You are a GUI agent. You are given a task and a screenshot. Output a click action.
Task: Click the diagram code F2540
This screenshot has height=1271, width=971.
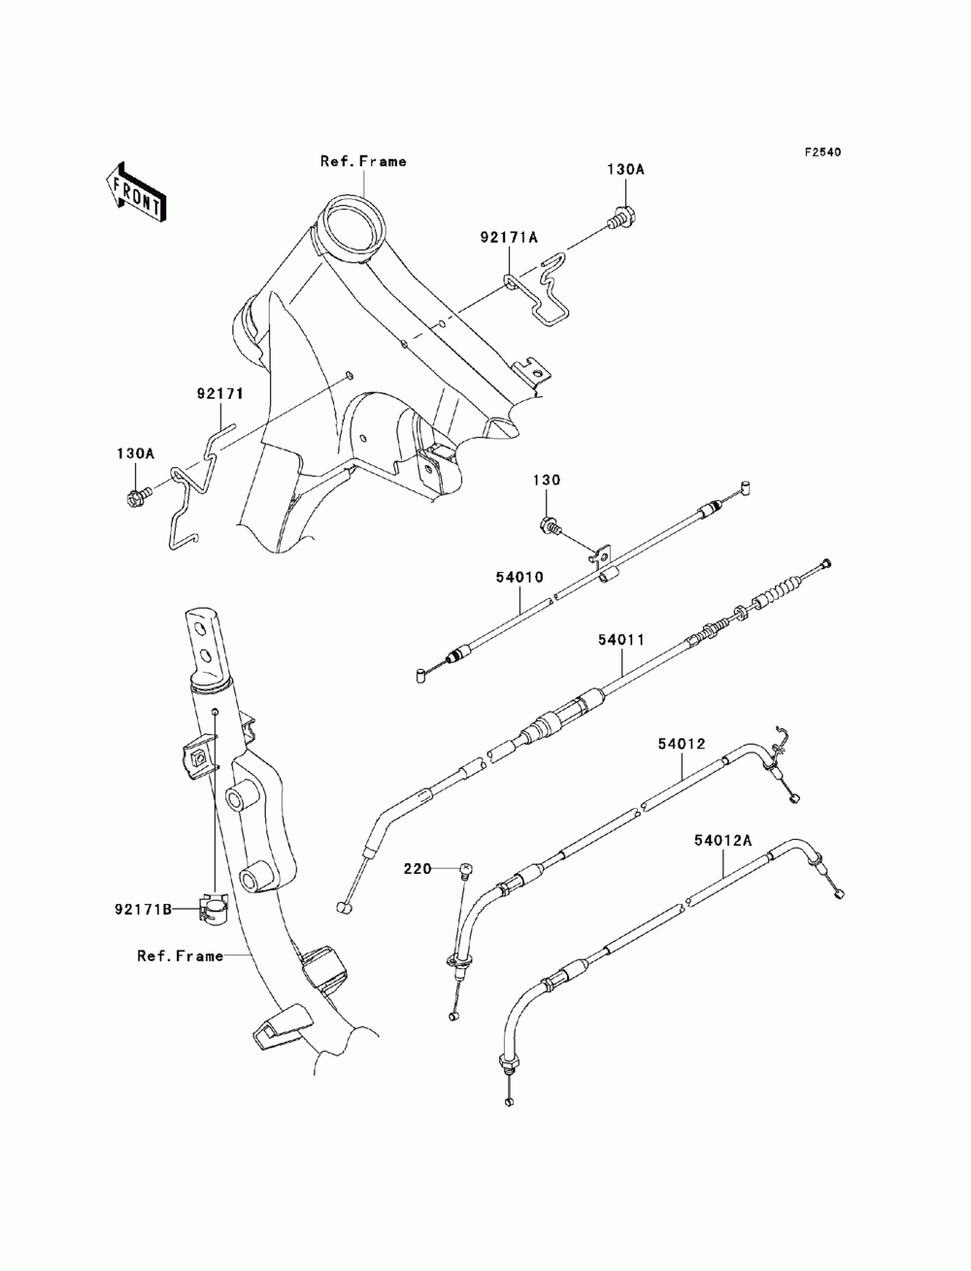pyautogui.click(x=822, y=152)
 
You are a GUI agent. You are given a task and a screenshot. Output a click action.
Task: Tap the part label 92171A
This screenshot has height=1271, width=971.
pyautogui.click(x=509, y=237)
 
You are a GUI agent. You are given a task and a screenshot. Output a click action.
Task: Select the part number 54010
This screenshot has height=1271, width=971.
pyautogui.click(x=519, y=577)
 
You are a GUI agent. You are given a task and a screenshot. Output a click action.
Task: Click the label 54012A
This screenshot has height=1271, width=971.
pyautogui.click(x=723, y=840)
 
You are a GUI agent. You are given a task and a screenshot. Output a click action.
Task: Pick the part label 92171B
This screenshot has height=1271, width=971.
pyautogui.click(x=143, y=909)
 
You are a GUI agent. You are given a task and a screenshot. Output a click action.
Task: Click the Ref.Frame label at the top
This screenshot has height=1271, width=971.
pyautogui.click(x=363, y=161)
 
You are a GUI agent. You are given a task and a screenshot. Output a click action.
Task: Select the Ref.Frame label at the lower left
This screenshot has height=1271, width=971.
pyautogui.click(x=180, y=955)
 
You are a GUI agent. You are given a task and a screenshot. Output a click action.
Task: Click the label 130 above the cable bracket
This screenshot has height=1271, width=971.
pyautogui.click(x=547, y=480)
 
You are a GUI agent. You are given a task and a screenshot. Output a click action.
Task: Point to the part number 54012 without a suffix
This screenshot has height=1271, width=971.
pyautogui.click(x=682, y=743)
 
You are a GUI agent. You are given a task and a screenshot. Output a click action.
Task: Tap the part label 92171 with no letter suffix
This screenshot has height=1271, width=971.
pyautogui.click(x=220, y=394)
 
